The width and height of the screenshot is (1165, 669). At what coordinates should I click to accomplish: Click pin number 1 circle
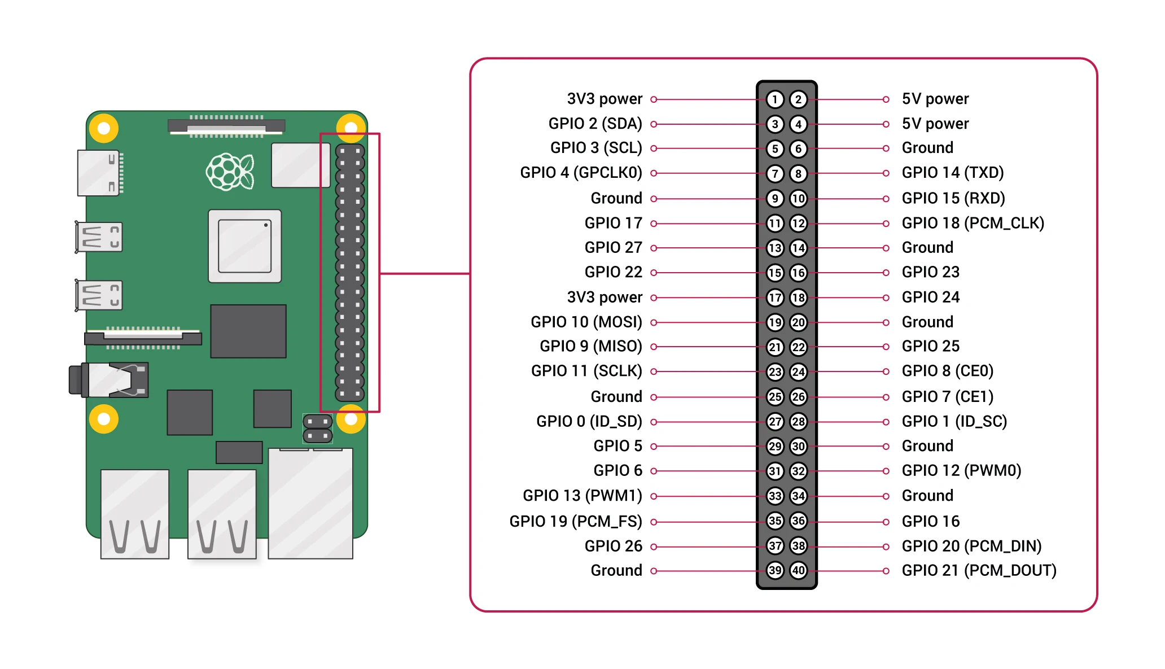775,100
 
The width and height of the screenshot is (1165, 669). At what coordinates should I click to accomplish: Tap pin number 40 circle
798,570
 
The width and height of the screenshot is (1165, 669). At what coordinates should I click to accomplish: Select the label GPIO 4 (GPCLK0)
581,173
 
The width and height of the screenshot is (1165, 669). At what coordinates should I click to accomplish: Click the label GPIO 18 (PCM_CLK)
973,223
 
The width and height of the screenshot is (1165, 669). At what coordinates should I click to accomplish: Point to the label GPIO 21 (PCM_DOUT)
979,570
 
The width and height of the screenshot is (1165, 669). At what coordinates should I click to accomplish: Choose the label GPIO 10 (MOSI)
586,322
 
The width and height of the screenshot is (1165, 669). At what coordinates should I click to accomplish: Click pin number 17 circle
775,298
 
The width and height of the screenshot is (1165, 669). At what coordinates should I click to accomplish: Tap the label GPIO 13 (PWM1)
582,496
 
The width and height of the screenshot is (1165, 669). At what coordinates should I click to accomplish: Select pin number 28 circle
798,421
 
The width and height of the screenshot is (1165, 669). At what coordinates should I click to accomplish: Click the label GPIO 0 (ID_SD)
589,421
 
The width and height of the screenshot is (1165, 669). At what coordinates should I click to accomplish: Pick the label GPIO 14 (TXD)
952,173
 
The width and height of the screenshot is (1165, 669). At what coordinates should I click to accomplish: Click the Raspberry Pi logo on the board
230,172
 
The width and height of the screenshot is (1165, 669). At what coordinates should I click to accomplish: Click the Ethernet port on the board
310,502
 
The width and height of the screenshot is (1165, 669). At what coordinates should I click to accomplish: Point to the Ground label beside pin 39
616,570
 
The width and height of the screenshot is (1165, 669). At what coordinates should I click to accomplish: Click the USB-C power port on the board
99,173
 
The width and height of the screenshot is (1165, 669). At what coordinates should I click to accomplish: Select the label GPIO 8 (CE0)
947,371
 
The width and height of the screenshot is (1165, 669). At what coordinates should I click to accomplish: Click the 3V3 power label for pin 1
604,99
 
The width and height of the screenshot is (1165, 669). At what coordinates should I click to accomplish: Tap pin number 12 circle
798,223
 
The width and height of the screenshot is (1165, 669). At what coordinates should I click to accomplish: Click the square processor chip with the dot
244,246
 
